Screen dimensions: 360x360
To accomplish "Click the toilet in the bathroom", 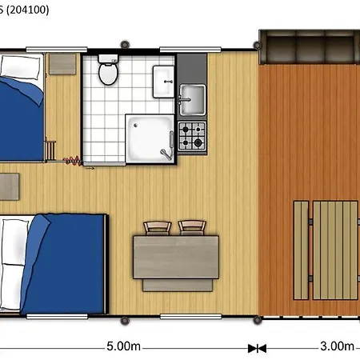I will [107, 72].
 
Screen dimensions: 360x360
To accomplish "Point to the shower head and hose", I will [166, 150].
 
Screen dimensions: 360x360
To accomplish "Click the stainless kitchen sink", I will [192, 100].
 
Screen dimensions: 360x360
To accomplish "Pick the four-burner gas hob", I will [193, 135].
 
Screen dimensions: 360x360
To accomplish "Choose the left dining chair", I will [157, 227].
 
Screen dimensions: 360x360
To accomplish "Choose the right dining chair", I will [192, 227].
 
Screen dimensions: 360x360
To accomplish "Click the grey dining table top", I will [177, 255].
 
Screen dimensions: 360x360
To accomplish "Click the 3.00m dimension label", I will [336, 346].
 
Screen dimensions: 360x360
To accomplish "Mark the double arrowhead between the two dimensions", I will [257, 348].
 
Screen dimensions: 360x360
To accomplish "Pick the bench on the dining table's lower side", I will [177, 283].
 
